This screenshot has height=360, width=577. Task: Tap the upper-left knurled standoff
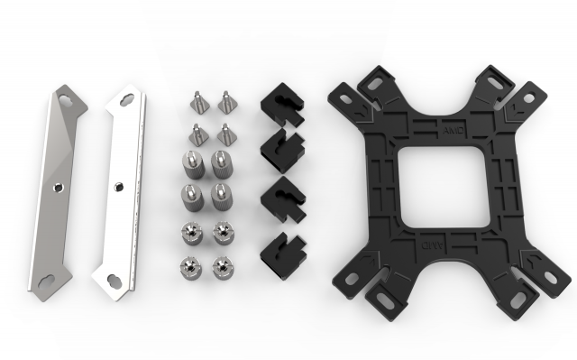192,163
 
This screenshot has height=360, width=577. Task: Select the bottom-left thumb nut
190,265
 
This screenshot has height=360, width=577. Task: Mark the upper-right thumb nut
218,232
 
